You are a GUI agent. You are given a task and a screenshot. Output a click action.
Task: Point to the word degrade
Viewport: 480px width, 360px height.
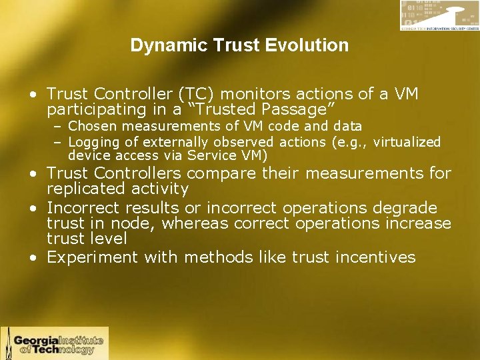point(410,207)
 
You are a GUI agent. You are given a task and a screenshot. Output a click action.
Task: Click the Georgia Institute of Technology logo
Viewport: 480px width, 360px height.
point(55,343)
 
